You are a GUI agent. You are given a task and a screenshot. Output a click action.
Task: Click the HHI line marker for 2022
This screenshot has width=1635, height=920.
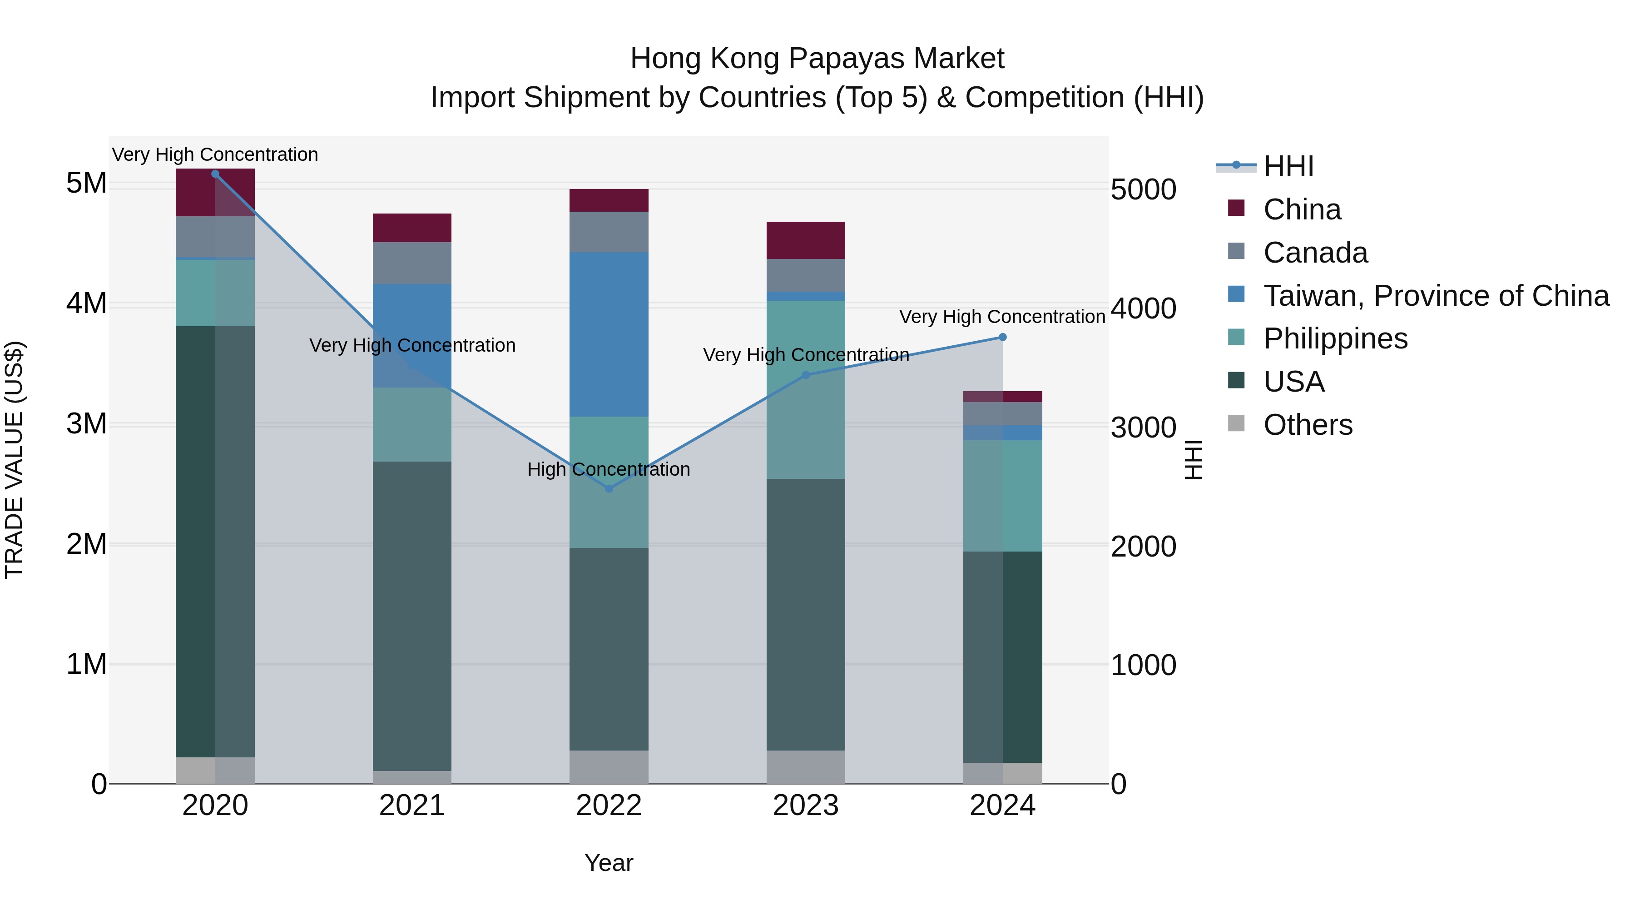click(x=609, y=488)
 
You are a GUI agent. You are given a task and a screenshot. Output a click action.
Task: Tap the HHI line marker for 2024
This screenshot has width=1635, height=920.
click(x=1002, y=337)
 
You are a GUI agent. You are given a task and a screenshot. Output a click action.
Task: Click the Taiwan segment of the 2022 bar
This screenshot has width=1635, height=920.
click(x=609, y=334)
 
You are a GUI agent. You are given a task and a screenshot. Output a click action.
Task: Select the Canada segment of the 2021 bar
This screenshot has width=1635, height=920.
click(x=412, y=263)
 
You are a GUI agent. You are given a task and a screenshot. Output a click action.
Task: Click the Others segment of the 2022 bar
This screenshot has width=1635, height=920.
click(x=609, y=766)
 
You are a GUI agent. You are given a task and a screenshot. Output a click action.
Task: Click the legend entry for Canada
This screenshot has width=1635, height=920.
click(x=1315, y=253)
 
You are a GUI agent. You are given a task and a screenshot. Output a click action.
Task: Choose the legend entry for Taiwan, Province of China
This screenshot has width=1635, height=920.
click(x=1436, y=296)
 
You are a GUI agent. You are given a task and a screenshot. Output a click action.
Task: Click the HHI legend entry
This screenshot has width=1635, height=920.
click(x=1288, y=166)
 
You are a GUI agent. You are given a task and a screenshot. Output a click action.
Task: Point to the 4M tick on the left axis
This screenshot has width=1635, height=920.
click(x=86, y=303)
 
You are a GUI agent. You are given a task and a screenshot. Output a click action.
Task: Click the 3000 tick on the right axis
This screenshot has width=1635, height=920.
click(x=1143, y=428)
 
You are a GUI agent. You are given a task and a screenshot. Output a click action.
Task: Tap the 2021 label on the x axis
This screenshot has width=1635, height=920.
click(x=412, y=806)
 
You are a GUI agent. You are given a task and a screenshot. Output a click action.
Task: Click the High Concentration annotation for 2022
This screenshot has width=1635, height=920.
click(x=609, y=469)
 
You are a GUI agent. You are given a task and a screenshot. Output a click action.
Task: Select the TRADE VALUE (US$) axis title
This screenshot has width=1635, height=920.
click(x=14, y=460)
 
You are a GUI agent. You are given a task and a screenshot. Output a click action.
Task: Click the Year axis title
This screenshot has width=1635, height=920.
click(x=609, y=863)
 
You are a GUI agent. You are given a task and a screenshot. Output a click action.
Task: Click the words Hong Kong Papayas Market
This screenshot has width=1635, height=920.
click(x=817, y=59)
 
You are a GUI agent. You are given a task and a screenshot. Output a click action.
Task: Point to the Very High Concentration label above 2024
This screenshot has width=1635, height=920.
click(x=1002, y=316)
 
